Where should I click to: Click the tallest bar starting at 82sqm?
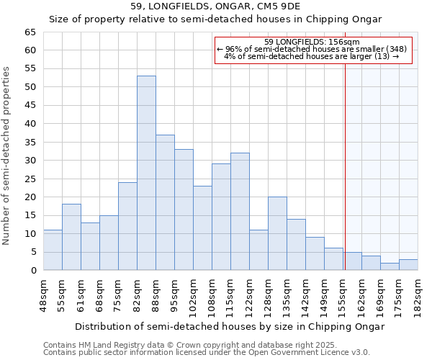tap(146, 173)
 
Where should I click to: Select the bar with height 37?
tap(165, 202)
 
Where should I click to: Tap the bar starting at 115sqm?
tap(240, 212)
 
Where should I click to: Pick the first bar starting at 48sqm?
tap(53, 250)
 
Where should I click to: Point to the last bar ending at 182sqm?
tap(408, 265)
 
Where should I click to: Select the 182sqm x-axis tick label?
tap(418, 296)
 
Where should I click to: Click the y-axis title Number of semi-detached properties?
tap(6, 156)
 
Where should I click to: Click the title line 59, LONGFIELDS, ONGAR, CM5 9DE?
tap(215, 6)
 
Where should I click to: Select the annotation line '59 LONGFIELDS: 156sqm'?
tap(312, 42)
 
